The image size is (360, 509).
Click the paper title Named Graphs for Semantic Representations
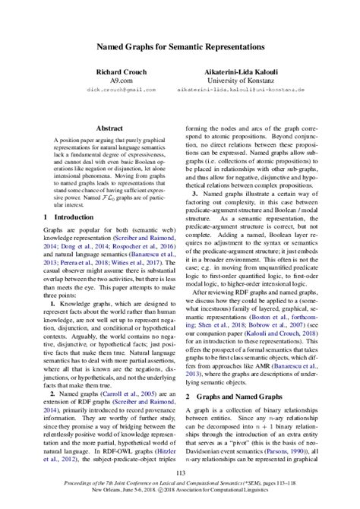pos(180,46)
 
